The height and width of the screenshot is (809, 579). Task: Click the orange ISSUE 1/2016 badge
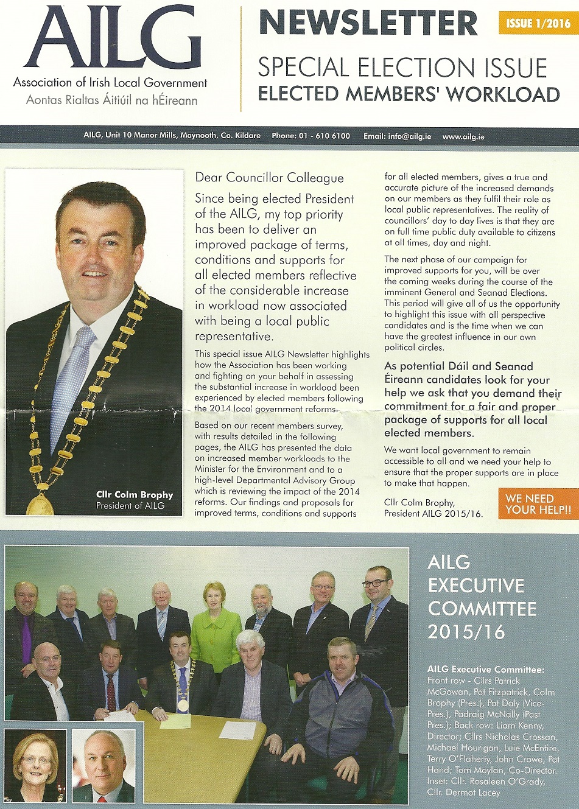click(538, 23)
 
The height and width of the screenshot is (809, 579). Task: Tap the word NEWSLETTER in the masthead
click(368, 23)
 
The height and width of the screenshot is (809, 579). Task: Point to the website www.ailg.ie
click(463, 136)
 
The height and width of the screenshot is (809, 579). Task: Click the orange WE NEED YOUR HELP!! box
click(538, 503)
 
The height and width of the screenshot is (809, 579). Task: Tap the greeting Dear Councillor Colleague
click(269, 178)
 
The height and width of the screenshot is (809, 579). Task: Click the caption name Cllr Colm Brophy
click(135, 494)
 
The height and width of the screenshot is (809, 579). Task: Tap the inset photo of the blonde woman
click(35, 766)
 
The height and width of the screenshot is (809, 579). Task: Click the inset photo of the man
click(103, 766)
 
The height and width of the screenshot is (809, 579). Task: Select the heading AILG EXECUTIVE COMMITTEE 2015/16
click(482, 597)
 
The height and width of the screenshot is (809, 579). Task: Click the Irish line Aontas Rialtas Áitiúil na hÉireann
click(111, 100)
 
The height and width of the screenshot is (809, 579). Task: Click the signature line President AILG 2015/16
click(433, 513)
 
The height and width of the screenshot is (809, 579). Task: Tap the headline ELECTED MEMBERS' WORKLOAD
click(409, 94)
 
